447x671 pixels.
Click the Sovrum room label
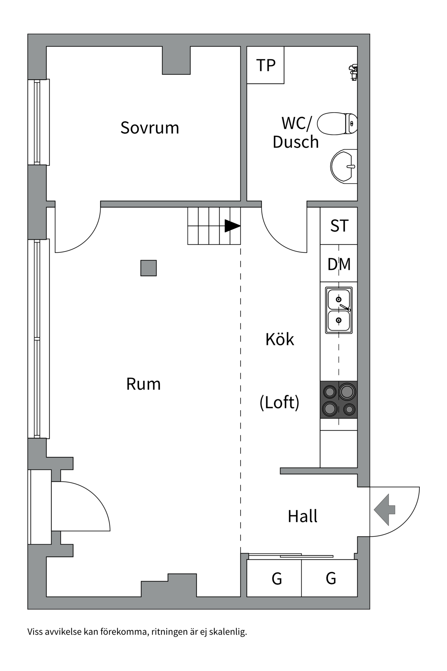click(149, 128)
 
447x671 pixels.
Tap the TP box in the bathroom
click(266, 65)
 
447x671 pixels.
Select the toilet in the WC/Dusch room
click(337, 124)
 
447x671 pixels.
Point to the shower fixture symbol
click(353, 72)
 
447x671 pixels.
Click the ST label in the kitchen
click(339, 226)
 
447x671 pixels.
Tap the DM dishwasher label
click(339, 265)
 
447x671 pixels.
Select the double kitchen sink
click(339, 310)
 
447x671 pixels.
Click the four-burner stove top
click(339, 400)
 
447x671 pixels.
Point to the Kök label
click(280, 339)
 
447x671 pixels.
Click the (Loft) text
click(279, 403)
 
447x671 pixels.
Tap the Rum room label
click(143, 384)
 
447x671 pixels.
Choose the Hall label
click(302, 517)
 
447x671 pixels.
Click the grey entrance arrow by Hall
click(384, 510)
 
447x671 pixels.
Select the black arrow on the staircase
click(232, 226)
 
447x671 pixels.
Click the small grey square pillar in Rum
click(148, 268)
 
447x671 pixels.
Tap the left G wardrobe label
click(277, 579)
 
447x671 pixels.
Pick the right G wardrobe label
click(331, 579)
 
